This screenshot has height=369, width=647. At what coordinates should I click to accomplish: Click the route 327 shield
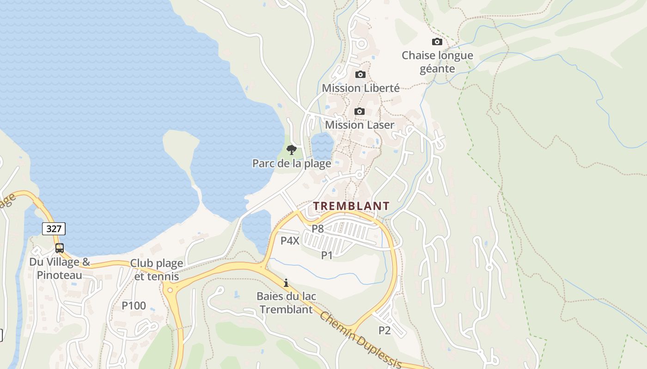[x=54, y=228]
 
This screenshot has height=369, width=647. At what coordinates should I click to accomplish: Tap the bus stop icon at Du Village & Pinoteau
[x=60, y=248]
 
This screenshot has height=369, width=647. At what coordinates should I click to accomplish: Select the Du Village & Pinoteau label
[x=60, y=269]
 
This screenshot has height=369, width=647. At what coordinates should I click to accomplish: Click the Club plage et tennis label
[x=157, y=270]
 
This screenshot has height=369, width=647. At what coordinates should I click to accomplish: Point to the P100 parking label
[x=134, y=305]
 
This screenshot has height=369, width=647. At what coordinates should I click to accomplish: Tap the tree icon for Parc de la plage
[x=291, y=149]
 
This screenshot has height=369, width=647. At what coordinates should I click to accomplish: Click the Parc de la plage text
[x=292, y=163]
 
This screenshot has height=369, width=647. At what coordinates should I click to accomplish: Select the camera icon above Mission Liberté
[x=360, y=74]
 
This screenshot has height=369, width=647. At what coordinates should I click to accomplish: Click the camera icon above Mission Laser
[x=359, y=111]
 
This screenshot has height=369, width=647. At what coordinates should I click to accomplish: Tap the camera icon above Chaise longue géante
[x=437, y=42]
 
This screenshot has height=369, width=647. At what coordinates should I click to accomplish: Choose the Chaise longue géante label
[x=437, y=62]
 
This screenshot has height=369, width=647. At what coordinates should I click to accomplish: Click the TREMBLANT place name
[x=352, y=206]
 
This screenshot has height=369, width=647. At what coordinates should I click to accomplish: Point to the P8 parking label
[x=317, y=228]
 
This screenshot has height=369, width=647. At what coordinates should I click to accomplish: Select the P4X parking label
[x=290, y=240]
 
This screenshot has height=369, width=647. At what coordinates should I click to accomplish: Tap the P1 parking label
[x=327, y=255]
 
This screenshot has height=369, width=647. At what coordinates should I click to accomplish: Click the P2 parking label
[x=385, y=330]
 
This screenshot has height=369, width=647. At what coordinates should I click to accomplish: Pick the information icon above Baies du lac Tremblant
[x=286, y=283]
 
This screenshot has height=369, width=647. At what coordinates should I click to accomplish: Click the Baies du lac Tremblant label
[x=286, y=303]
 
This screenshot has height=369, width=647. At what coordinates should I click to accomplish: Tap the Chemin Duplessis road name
[x=360, y=340]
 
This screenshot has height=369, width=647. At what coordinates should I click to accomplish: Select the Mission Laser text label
[x=360, y=125]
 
